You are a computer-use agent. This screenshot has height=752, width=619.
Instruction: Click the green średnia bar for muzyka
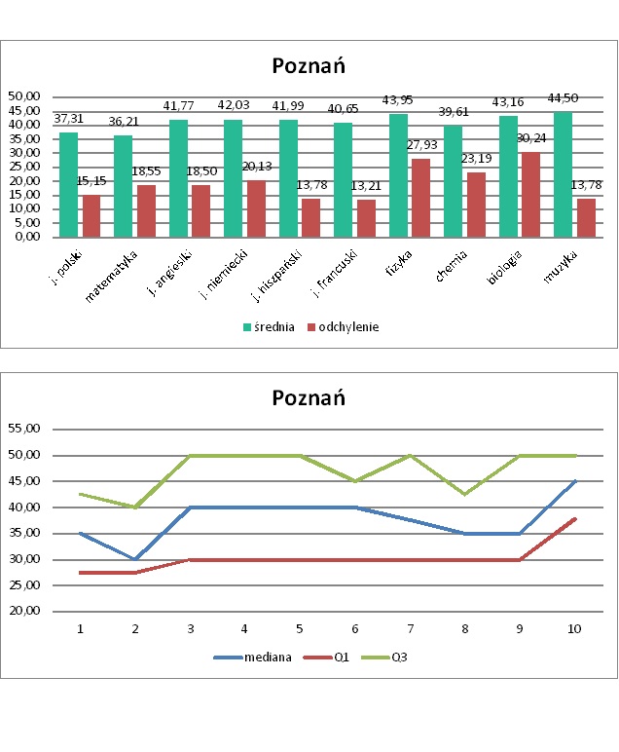(x=563, y=174)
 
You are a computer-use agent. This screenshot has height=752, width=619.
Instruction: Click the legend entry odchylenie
(x=341, y=327)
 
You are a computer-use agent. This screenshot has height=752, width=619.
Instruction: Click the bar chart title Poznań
(x=309, y=67)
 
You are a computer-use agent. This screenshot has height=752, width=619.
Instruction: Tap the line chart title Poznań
(x=309, y=397)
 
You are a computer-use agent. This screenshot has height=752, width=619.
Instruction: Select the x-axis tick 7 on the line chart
(x=411, y=628)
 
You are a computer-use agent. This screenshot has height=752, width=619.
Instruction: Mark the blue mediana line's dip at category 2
(x=135, y=559)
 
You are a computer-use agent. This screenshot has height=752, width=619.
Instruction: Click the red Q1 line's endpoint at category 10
(x=575, y=518)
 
